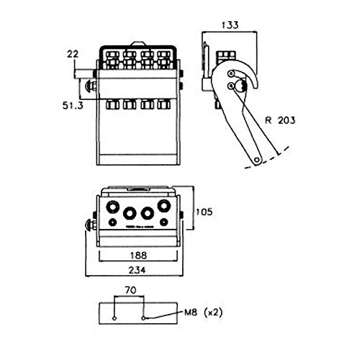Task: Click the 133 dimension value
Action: [230, 25]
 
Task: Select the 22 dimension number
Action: [73, 54]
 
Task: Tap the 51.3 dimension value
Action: [73, 105]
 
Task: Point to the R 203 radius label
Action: [280, 120]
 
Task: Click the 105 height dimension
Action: [204, 212]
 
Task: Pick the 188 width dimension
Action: [138, 255]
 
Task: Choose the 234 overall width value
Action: [137, 270]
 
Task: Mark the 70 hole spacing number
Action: [130, 290]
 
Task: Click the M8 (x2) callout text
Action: [203, 312]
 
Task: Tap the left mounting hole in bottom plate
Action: [114, 318]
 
